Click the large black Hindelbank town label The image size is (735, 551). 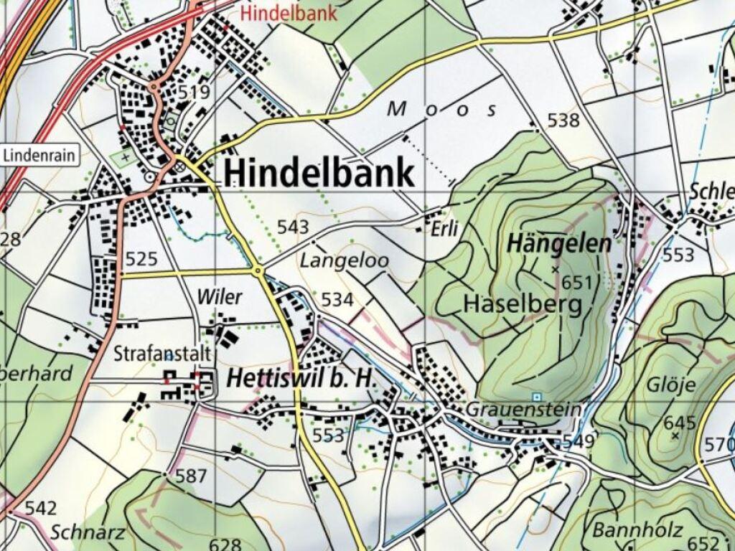point(319,174)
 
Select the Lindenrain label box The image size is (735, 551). point(40,156)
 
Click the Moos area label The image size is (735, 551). point(442,109)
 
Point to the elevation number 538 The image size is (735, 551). point(563,121)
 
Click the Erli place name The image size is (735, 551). point(445,229)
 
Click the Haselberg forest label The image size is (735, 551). point(523,304)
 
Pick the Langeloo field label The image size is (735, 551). point(344,261)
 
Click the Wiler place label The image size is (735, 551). point(220,297)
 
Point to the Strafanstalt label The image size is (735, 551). point(162,354)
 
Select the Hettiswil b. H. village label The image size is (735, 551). point(301,380)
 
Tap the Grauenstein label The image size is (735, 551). point(523,409)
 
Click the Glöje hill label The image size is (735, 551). point(672,385)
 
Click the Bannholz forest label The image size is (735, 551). point(627,531)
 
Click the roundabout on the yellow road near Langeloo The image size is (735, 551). point(258,270)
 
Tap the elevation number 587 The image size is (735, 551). point(191,476)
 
